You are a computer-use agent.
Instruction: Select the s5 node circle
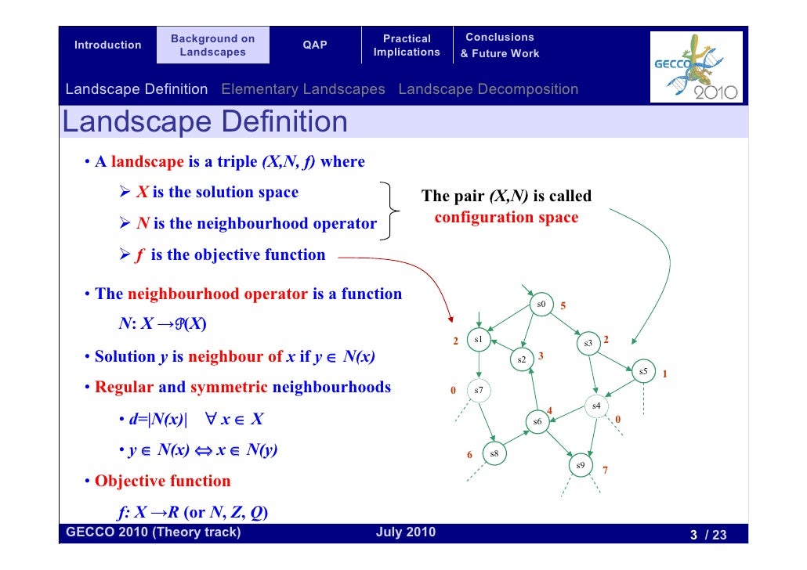click(643, 371)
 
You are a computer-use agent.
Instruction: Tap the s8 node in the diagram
click(494, 453)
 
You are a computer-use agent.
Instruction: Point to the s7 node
click(479, 390)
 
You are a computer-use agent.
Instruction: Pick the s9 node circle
click(580, 465)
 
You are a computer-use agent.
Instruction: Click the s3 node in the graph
click(588, 343)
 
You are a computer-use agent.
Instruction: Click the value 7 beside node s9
click(605, 471)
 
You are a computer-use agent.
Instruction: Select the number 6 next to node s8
click(469, 454)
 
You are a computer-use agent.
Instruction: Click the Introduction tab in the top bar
click(107, 45)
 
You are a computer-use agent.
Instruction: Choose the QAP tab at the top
click(315, 45)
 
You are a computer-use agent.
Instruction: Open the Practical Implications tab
click(407, 45)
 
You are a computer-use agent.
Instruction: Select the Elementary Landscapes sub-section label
click(303, 89)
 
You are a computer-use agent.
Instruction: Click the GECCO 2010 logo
click(697, 67)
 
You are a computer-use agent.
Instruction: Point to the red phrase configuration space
click(506, 217)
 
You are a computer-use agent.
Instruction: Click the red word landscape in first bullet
click(147, 162)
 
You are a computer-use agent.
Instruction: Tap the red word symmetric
click(229, 388)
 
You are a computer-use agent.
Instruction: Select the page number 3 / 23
click(707, 536)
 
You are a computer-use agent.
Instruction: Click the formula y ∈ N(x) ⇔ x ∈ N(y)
click(204, 450)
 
